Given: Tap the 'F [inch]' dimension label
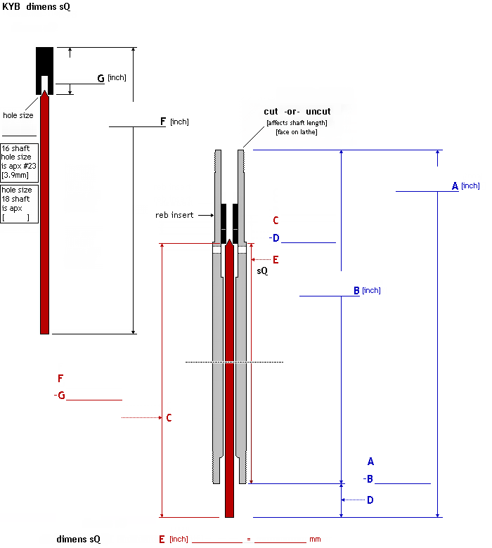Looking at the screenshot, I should click(x=174, y=122).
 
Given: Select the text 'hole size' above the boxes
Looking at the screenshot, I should click(x=18, y=115).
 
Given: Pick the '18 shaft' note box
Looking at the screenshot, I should click(x=20, y=204).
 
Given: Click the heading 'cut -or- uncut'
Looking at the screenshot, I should click(x=297, y=112).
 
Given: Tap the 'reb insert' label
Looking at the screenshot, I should click(x=174, y=214).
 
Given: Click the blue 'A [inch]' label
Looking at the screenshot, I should click(x=465, y=185).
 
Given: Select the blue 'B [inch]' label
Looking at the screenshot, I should click(x=365, y=290).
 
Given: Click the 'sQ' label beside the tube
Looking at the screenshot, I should click(x=262, y=270).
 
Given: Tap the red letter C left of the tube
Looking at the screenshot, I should click(x=169, y=418).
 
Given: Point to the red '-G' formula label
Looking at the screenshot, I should click(x=60, y=396).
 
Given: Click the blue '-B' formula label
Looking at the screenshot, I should click(x=368, y=479).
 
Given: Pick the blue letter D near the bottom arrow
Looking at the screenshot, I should click(x=370, y=500).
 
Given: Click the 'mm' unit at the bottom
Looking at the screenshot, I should click(x=315, y=540).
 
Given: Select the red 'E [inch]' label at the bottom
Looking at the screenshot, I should click(x=173, y=540).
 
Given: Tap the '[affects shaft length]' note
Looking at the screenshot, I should click(x=297, y=123).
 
